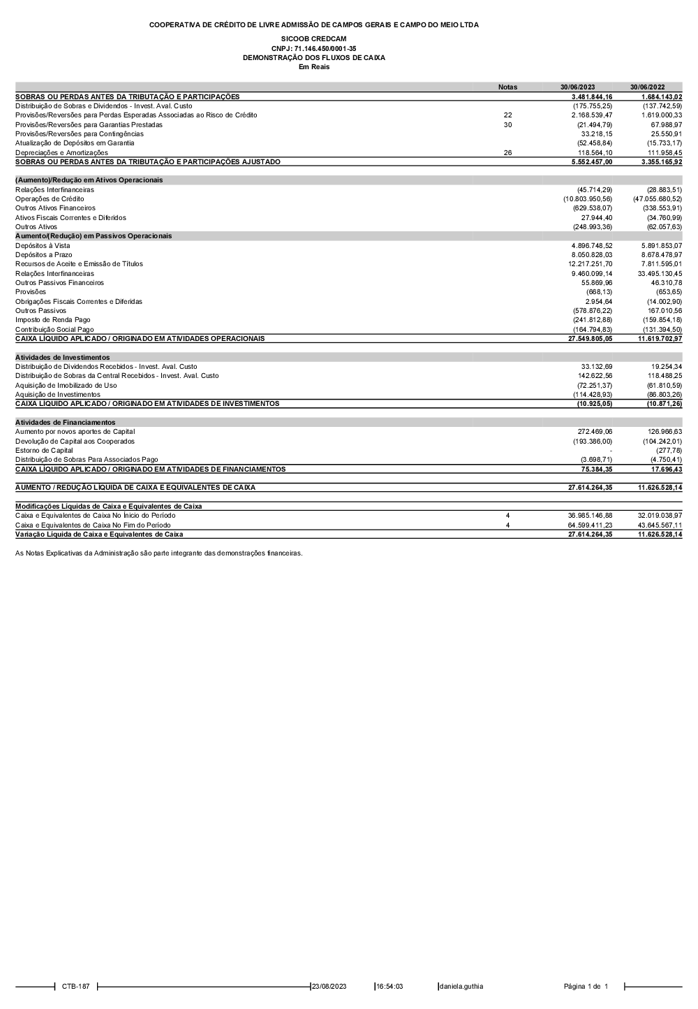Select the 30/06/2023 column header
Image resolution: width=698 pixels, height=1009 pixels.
[x=577, y=87]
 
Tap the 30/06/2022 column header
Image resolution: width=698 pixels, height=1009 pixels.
[x=647, y=87]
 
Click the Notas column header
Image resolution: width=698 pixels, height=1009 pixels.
[x=507, y=87]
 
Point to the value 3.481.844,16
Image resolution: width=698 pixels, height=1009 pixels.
[x=591, y=96]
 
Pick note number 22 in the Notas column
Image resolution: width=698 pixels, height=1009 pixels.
[x=507, y=115]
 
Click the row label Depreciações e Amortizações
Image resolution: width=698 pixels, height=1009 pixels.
[x=61, y=152]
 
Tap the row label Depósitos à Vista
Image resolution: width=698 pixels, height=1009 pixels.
[x=43, y=246]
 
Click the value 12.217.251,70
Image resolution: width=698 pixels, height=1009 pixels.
[x=590, y=264]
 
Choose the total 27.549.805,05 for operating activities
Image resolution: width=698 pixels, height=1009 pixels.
[x=590, y=339]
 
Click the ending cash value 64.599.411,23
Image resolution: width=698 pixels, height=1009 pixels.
[x=590, y=525]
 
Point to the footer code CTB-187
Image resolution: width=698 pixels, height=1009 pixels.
[x=75, y=987]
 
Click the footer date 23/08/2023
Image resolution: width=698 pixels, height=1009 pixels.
[x=329, y=987]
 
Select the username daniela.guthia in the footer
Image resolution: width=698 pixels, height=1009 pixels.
[x=461, y=987]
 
